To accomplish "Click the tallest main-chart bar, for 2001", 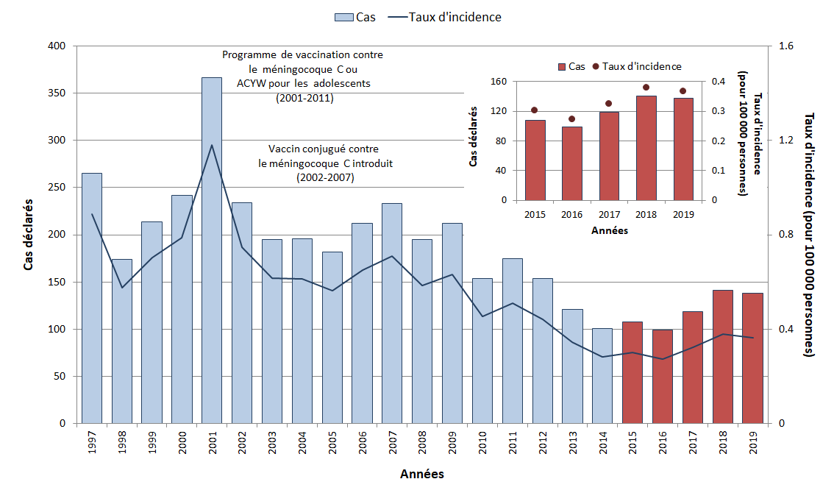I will click(x=212, y=250).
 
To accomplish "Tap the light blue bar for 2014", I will click(x=602, y=375).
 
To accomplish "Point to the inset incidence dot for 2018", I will click(x=646, y=88).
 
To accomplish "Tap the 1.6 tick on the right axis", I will click(x=786, y=46).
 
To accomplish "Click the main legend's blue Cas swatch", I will click(x=343, y=17).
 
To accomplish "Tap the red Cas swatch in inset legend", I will click(x=561, y=67).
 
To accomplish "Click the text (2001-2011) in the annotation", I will click(x=304, y=98).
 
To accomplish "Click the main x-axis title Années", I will click(x=421, y=475).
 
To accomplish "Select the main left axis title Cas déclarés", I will click(x=29, y=234).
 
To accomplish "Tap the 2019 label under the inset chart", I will click(x=683, y=215).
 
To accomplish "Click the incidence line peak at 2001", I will click(x=212, y=145).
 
